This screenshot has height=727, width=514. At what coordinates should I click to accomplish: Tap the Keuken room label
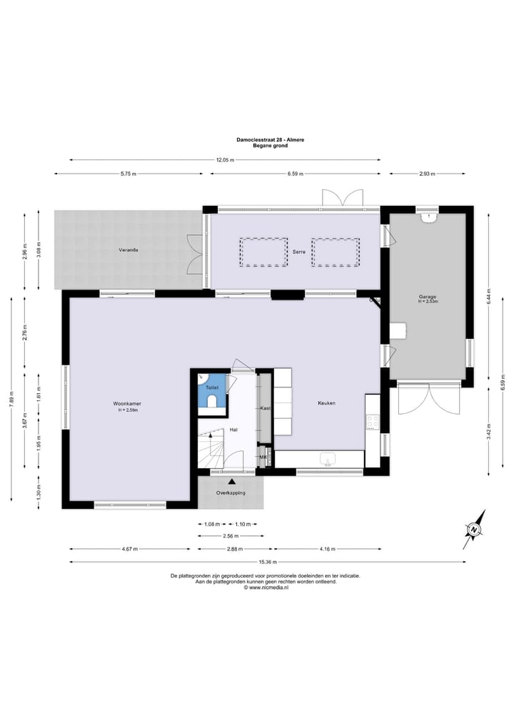click(x=326, y=403)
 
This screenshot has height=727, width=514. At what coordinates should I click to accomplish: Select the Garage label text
click(x=428, y=297)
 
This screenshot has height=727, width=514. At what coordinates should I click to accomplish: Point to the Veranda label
click(x=129, y=249)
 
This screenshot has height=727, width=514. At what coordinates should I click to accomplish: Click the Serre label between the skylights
click(x=299, y=252)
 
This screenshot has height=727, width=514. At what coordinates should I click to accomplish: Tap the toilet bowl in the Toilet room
click(x=211, y=402)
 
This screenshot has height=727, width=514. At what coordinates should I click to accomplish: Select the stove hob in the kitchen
click(x=373, y=422)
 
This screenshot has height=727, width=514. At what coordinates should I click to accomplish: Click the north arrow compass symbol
click(x=474, y=529)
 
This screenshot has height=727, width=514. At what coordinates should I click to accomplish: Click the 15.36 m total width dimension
click(x=268, y=562)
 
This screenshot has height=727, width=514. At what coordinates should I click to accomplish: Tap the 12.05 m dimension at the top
click(x=226, y=160)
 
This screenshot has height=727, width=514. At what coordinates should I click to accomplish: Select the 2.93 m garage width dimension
click(x=427, y=174)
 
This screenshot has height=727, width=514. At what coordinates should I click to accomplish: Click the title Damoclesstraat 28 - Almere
click(x=270, y=139)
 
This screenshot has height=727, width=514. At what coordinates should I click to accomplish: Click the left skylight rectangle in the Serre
click(x=263, y=252)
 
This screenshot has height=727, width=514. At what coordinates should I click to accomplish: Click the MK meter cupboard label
click(x=263, y=457)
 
